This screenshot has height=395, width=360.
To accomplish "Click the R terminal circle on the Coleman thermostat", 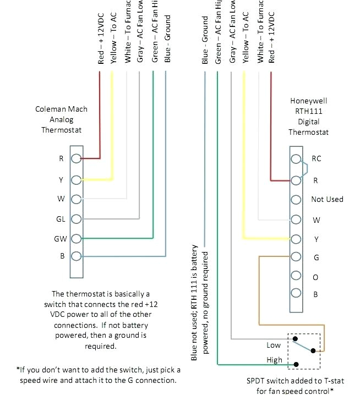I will point(77,159).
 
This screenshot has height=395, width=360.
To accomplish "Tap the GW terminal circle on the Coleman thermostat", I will point(77,238).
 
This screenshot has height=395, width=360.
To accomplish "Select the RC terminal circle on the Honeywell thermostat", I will point(296,159).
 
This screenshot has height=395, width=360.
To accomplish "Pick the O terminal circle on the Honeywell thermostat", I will point(296,277).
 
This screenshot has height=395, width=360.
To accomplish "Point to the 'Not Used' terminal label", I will point(327,199).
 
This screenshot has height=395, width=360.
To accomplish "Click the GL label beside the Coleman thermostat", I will point(61,218).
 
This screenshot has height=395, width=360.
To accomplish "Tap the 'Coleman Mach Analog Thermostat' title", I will point(61,119).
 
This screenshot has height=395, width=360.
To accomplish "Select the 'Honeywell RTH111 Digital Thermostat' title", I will point(308,117).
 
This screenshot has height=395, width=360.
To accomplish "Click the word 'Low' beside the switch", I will point(274,345).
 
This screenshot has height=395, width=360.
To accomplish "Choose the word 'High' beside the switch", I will point(274,360).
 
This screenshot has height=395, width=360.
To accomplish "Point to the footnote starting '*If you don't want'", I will point(97,374).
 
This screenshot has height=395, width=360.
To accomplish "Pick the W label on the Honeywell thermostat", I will point(316,220).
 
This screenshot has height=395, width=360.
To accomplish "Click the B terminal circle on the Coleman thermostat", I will point(77,256).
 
